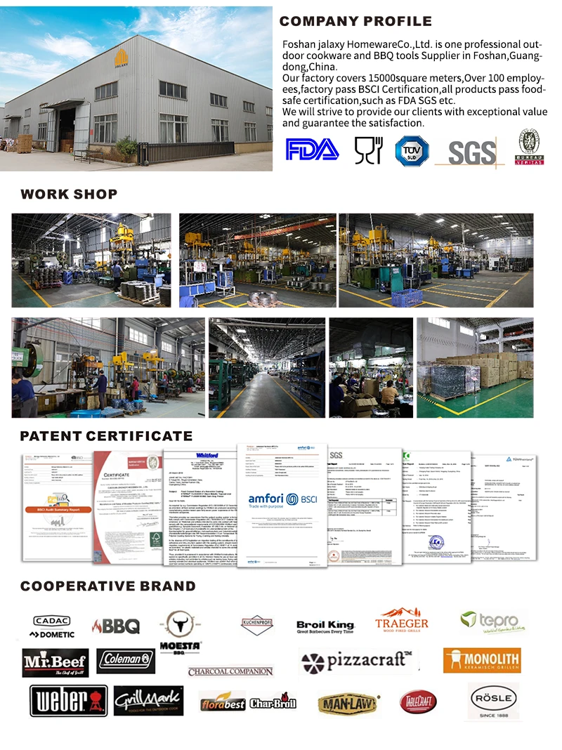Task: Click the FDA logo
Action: [x=312, y=150]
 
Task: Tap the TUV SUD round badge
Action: [x=412, y=150]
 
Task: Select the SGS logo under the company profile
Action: [x=471, y=152]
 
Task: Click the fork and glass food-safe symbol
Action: [x=368, y=150]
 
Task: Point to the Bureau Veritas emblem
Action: [x=531, y=147]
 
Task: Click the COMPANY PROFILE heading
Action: [x=355, y=22]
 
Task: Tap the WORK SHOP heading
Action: [x=69, y=195]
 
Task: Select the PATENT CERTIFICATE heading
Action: [x=106, y=436]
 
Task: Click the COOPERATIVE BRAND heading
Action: [x=108, y=586]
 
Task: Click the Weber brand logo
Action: [x=69, y=701]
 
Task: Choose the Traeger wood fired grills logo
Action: [x=401, y=620]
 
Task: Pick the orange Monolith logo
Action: [x=481, y=660]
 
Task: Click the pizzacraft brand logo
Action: [x=355, y=660]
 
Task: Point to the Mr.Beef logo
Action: [x=55, y=662]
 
